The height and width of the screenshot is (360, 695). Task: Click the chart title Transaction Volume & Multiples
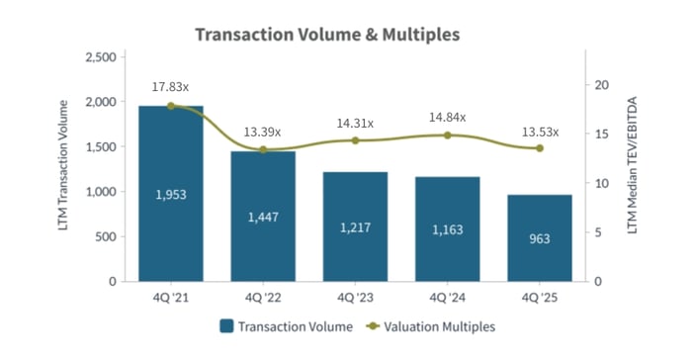[327, 35]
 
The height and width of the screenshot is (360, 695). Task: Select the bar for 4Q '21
[171, 194]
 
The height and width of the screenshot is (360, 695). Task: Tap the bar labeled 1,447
[263, 216]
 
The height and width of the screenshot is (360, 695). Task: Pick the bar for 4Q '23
[355, 226]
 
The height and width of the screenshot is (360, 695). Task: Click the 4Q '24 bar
[447, 228]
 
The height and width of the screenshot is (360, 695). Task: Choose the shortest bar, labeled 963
[539, 237]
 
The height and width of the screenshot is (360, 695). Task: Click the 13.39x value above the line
[263, 132]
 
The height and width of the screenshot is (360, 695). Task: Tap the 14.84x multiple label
[447, 117]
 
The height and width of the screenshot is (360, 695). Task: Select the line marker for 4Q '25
[539, 148]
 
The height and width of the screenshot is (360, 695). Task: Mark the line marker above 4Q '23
[355, 140]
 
